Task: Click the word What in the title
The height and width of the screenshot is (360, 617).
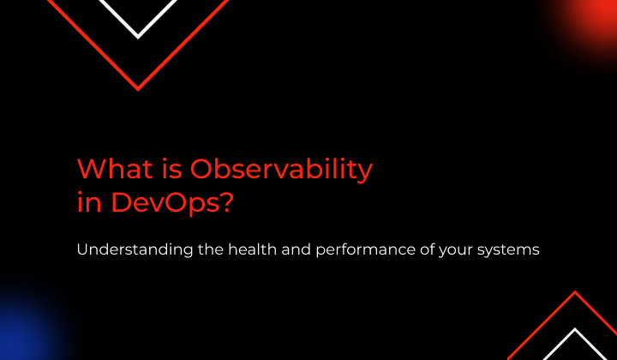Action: point(115,169)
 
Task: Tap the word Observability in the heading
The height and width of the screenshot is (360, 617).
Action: point(281,170)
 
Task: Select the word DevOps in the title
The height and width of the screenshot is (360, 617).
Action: point(165,203)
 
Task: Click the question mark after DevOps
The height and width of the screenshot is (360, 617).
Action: point(226,202)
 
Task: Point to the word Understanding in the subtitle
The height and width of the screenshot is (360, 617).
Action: point(135,249)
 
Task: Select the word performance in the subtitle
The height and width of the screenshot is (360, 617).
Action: point(366,250)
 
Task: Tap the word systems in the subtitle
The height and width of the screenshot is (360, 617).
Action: point(508,250)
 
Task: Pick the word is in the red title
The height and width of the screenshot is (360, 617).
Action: point(171,169)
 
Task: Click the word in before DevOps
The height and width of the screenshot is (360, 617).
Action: point(89,203)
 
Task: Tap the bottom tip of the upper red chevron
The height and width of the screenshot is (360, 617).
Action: point(138,90)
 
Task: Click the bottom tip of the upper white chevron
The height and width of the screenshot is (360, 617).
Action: point(138,39)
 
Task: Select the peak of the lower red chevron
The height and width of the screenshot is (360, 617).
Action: point(575,292)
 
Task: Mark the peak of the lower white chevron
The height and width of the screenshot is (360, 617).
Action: point(575,329)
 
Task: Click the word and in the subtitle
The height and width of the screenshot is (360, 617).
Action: point(297,249)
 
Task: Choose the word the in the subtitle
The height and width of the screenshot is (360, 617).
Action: point(211,249)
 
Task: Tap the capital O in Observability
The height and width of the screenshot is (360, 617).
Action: point(201,169)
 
